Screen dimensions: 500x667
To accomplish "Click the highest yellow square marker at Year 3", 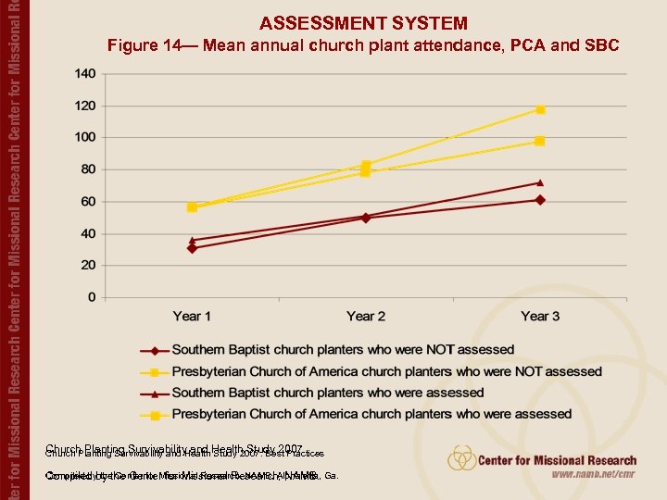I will (x=540, y=109).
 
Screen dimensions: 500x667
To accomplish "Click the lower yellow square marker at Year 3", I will (x=540, y=141).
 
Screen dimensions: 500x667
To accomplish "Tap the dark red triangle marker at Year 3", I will (x=540, y=182).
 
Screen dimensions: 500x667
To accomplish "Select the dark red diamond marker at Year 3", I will (x=540, y=200).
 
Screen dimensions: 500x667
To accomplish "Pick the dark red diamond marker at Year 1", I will (x=192, y=248).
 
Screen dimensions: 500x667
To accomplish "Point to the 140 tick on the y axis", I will (x=84, y=73).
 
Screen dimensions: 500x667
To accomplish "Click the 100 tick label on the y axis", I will (x=84, y=137).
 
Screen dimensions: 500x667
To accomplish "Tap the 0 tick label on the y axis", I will (x=91, y=297).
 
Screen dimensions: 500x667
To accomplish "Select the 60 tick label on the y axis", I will (x=87, y=201).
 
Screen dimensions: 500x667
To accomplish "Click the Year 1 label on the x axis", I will (x=192, y=317).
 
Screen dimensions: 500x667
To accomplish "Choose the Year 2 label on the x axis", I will (x=366, y=317).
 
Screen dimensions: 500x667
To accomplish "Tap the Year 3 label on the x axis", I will (x=540, y=317).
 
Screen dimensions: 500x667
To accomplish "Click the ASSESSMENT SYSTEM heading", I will (x=363, y=23).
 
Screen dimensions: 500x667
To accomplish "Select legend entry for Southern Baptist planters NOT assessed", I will (x=342, y=350).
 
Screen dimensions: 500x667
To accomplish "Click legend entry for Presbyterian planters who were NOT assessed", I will (x=386, y=371).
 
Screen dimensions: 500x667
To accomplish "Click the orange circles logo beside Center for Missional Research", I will (x=462, y=458).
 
